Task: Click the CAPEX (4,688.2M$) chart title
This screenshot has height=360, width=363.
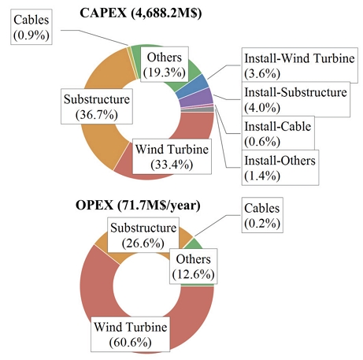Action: click(141, 13)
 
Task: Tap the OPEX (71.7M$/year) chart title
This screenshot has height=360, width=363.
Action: click(138, 205)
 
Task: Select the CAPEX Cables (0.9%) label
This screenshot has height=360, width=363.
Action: click(31, 27)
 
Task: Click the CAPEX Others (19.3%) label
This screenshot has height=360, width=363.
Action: click(165, 65)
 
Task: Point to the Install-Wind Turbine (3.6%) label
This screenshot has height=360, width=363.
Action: click(299, 65)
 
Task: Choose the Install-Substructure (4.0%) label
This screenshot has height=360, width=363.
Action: click(296, 99)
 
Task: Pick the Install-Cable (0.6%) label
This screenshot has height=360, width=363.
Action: click(278, 134)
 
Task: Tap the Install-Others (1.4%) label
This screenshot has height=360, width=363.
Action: click(280, 168)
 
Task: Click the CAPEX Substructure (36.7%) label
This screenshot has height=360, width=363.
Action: click(97, 106)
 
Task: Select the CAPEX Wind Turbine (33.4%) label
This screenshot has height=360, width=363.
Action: click(172, 156)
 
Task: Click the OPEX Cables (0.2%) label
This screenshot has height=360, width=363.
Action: click(262, 215)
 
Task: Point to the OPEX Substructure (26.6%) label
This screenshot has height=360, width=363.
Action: click(143, 235)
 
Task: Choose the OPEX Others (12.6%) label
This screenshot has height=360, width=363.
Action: click(193, 266)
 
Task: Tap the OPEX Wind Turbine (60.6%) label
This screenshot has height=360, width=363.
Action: click(131, 334)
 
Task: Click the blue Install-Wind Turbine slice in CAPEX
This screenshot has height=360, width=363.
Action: click(193, 86)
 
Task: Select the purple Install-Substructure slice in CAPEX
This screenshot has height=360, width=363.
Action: click(197, 98)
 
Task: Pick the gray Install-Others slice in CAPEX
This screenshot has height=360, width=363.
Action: click(198, 109)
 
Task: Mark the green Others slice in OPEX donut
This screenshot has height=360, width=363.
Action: click(198, 244)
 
